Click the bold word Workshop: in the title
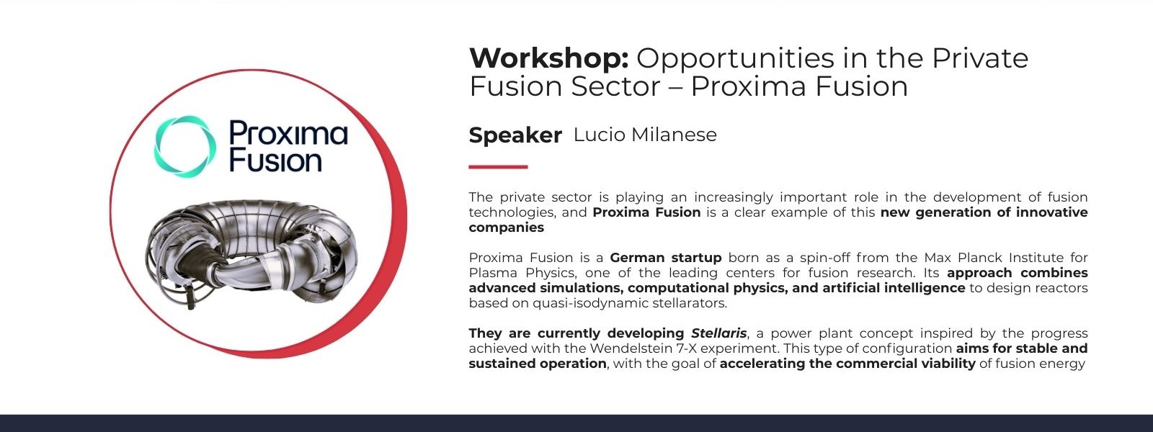[548, 58]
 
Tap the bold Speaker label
[515, 135]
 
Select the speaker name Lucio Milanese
[645, 135]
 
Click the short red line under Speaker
[498, 166]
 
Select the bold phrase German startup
[666, 257]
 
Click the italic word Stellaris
[718, 333]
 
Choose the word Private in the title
[980, 58]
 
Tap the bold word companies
[506, 228]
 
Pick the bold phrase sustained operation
[538, 364]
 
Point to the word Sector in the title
[615, 86]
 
